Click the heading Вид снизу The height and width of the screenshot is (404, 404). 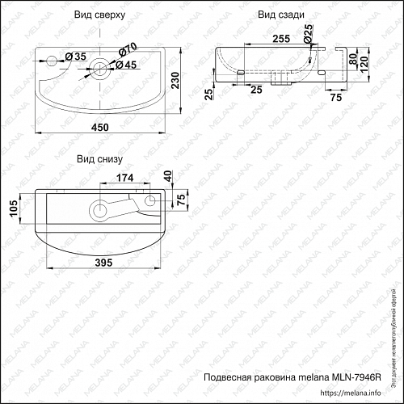[99, 159]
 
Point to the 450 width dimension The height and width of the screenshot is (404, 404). [99, 126]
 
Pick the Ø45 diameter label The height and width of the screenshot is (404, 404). [125, 65]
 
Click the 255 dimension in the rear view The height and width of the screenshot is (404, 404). [259, 37]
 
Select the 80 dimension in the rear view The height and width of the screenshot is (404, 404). [352, 58]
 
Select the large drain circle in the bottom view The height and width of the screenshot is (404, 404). [100, 209]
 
